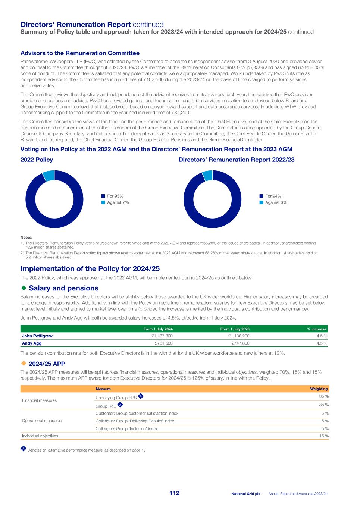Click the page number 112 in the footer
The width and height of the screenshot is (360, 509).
pos(174,493)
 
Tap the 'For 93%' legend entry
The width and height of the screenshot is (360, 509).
pos(115,196)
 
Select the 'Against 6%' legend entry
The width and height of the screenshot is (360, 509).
pos(276,202)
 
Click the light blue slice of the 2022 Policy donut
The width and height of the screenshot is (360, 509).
pos(49,175)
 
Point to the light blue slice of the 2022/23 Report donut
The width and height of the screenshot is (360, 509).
pos(207,175)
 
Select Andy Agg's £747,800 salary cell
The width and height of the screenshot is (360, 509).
pos(240,343)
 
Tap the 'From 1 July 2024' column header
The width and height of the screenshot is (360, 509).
pos(158,329)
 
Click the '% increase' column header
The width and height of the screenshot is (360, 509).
pos(316,329)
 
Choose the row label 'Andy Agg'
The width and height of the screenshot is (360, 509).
pos(32,343)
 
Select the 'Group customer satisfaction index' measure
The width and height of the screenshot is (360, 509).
pos(137,413)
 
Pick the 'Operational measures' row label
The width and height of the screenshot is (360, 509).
pos(42,421)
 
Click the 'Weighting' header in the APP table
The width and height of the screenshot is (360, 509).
pos(319,389)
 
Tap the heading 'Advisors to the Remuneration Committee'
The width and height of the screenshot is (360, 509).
pos(80,53)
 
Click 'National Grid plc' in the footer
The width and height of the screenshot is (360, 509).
pos(245,494)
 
